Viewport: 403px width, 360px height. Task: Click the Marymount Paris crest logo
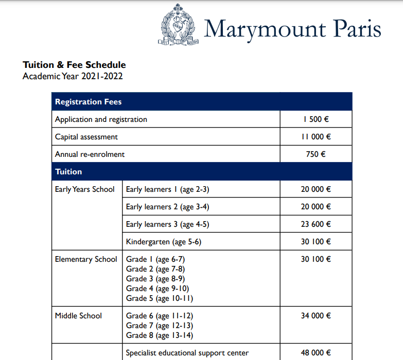178,28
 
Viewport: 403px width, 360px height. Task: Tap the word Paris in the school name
356,29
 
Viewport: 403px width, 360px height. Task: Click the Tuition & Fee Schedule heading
74,65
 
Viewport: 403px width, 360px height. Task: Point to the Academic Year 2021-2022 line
73,77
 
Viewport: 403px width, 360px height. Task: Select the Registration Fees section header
89,102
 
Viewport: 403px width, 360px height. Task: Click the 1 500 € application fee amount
316,119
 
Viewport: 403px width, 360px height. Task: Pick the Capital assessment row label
86,137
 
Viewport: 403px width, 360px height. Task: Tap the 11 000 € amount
316,137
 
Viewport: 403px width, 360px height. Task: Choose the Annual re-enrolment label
90,154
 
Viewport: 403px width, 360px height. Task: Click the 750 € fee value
316,154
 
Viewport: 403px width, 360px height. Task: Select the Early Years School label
85,189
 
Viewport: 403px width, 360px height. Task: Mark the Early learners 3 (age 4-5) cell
168,224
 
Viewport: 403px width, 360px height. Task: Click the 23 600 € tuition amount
316,224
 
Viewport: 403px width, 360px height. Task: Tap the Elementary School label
86,259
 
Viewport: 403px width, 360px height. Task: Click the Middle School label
79,316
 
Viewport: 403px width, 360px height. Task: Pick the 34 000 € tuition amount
316,316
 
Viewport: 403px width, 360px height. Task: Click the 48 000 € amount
316,353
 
